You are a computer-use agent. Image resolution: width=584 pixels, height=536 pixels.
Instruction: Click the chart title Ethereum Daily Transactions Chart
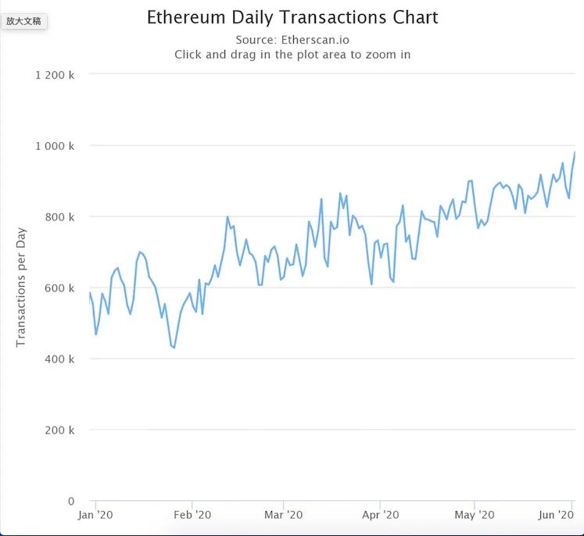(292, 17)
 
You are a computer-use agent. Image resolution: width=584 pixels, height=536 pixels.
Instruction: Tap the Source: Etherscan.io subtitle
(292, 40)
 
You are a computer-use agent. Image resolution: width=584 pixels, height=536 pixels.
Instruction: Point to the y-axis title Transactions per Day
(21, 287)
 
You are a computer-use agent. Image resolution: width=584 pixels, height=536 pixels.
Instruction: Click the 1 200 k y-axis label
(56, 75)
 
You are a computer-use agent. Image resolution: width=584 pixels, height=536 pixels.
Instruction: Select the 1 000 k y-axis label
(56, 146)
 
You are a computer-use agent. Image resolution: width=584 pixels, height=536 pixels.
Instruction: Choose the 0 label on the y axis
(71, 502)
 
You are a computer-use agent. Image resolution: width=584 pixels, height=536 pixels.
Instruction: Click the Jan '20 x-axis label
(96, 515)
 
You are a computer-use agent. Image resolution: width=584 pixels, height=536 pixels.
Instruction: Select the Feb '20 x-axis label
(192, 515)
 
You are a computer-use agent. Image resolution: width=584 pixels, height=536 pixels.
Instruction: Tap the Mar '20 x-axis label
(284, 515)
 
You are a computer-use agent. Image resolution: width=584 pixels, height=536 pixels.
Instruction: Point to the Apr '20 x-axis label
(380, 515)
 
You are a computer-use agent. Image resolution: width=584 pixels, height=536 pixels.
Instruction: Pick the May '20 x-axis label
(475, 515)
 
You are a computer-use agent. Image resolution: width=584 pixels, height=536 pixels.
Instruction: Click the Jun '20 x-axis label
(557, 515)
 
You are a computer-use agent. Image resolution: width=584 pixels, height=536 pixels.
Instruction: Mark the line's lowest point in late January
(174, 348)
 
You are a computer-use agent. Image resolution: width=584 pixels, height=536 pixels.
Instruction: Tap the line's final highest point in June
(575, 152)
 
